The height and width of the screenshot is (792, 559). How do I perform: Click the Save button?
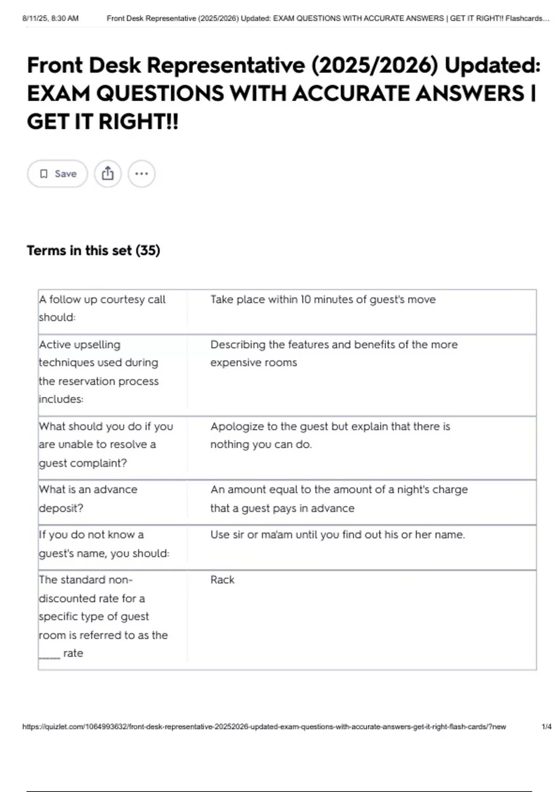(x=57, y=174)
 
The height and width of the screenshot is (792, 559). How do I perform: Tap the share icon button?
(x=108, y=174)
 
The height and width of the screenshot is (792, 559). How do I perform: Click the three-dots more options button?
(x=142, y=174)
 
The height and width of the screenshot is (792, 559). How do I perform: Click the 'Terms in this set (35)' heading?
(x=93, y=251)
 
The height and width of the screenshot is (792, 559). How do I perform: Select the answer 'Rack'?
(x=222, y=580)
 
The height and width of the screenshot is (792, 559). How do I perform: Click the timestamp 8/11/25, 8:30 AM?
(x=50, y=19)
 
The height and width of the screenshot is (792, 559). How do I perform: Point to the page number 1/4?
(x=546, y=727)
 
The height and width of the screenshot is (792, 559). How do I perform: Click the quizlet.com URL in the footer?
(x=264, y=727)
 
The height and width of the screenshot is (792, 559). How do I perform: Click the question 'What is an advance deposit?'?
(x=88, y=498)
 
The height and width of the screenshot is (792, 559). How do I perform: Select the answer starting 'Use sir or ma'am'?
(x=337, y=535)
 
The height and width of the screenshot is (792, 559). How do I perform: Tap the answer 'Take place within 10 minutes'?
(x=323, y=300)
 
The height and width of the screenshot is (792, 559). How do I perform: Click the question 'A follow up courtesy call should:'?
(x=102, y=308)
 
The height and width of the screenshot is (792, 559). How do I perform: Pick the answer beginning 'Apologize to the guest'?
(x=330, y=435)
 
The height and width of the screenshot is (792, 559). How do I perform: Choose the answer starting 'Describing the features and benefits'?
(x=334, y=353)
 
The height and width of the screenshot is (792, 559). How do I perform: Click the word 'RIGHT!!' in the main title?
(x=138, y=122)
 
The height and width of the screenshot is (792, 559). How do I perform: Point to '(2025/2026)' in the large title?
(x=375, y=65)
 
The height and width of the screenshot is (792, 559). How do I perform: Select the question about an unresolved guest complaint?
(x=106, y=444)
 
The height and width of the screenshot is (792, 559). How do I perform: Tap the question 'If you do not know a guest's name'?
(x=104, y=544)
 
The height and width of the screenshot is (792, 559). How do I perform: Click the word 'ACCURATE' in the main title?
(x=352, y=94)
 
